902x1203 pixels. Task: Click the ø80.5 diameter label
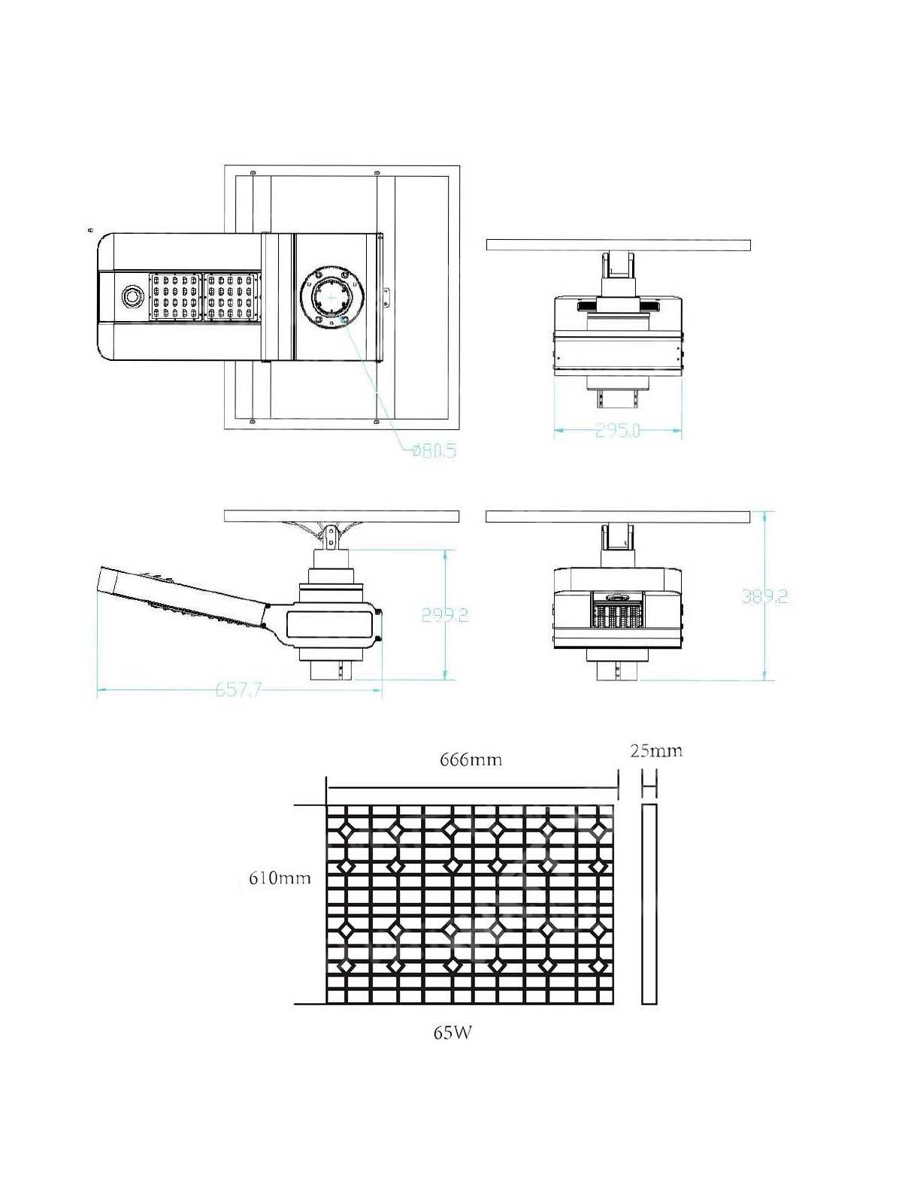coord(434,450)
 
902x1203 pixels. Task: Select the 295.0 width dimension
coord(618,431)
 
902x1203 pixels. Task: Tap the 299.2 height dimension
coord(444,615)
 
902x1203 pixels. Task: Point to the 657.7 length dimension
coord(238,689)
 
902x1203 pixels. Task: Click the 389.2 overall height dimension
coord(764,596)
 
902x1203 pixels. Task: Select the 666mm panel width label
coord(471,759)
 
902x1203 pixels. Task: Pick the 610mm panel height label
coord(280,877)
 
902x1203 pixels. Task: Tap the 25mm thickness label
coord(656,750)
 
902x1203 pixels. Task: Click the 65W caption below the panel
coord(453,1032)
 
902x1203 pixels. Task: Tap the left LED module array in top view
coord(176,296)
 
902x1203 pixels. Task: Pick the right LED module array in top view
coord(232,296)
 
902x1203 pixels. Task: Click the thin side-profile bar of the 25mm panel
coord(649,904)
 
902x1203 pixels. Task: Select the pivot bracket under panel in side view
coord(329,535)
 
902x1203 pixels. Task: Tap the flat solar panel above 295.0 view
coord(618,245)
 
